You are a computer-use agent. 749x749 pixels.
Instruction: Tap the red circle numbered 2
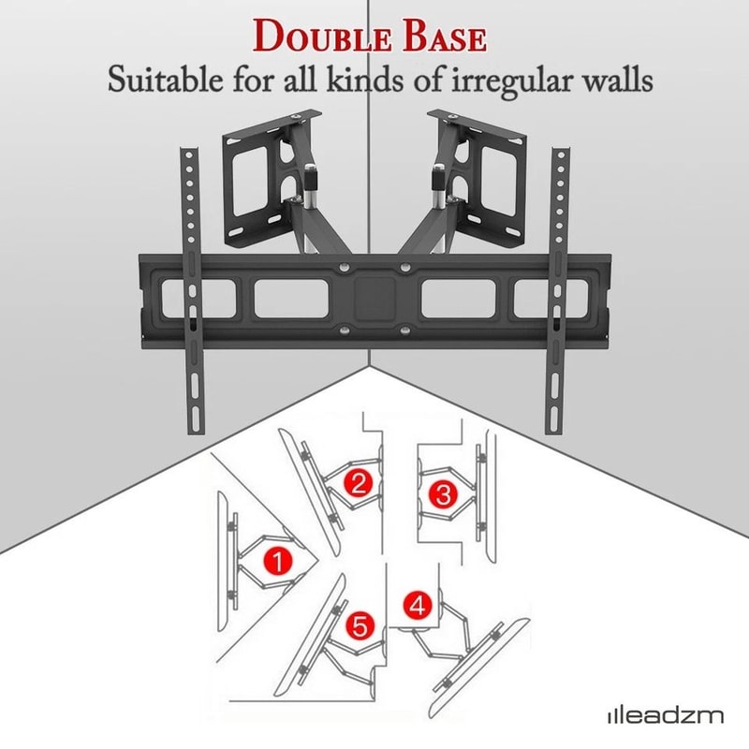coord(356,483)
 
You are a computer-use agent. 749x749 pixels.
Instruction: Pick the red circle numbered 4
coord(419,606)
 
